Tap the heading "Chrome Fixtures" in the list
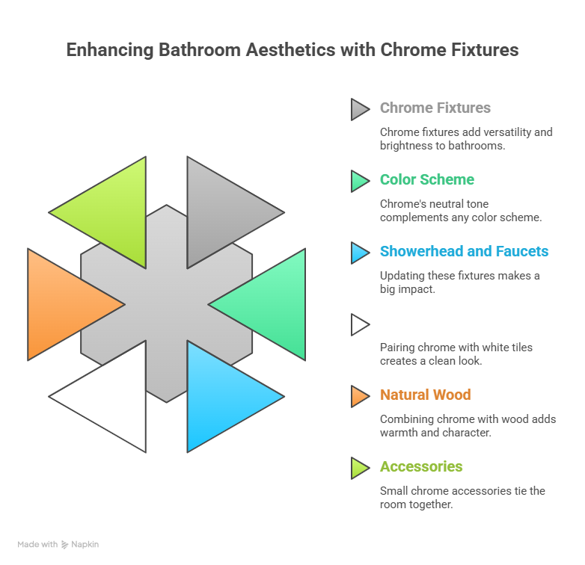(435, 108)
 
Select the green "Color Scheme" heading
(426, 179)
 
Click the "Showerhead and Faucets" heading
(464, 251)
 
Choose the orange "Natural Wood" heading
(425, 395)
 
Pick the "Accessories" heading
(421, 466)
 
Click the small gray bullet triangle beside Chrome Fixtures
(359, 109)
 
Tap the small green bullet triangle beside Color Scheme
(359, 181)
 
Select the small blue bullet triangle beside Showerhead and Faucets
(359, 253)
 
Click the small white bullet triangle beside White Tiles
(359, 324)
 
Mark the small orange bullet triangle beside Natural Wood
(359, 396)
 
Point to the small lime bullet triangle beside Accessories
(359, 468)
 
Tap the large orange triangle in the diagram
(61, 304)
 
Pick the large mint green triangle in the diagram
(272, 304)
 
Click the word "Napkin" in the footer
(85, 545)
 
